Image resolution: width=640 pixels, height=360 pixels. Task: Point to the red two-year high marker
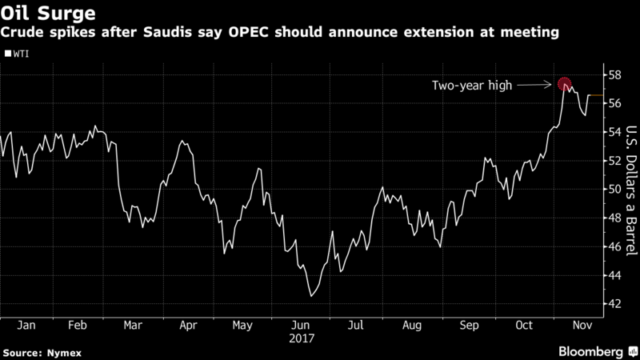coord(564,83)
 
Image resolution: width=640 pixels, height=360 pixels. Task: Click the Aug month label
coord(414,326)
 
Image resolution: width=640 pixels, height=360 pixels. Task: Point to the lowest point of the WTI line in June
coord(310,296)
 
